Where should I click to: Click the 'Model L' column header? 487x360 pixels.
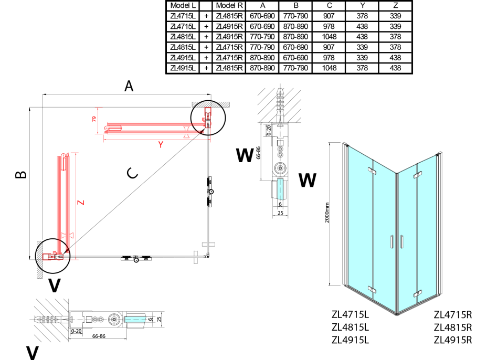coord(183,5)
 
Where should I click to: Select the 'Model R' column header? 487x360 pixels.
coord(229,5)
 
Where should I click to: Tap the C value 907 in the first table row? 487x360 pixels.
coord(329,16)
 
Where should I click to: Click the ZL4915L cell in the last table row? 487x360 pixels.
coord(183,68)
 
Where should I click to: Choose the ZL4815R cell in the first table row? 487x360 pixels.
coord(229,16)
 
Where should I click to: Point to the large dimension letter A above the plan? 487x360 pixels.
coord(129,87)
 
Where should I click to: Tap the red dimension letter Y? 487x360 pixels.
coord(161,145)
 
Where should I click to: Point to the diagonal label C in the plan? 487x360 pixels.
coord(133,173)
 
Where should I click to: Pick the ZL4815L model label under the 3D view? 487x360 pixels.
coord(350,327)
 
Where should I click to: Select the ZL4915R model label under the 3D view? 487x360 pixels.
coord(453,340)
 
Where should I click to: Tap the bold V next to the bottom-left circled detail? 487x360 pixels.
coord(54,286)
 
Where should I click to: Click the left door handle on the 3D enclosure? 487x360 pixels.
coord(391,242)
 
